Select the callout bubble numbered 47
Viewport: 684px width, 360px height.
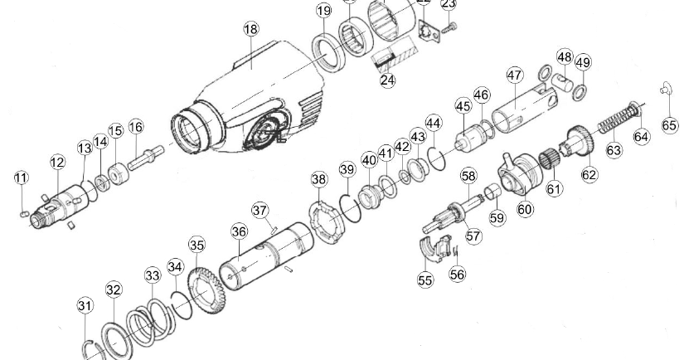coord(515,75)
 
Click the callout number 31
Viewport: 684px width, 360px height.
coord(85,306)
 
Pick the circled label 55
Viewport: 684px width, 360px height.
coord(425,281)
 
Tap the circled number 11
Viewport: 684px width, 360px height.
coord(21,178)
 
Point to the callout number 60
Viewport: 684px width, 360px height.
coord(525,210)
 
